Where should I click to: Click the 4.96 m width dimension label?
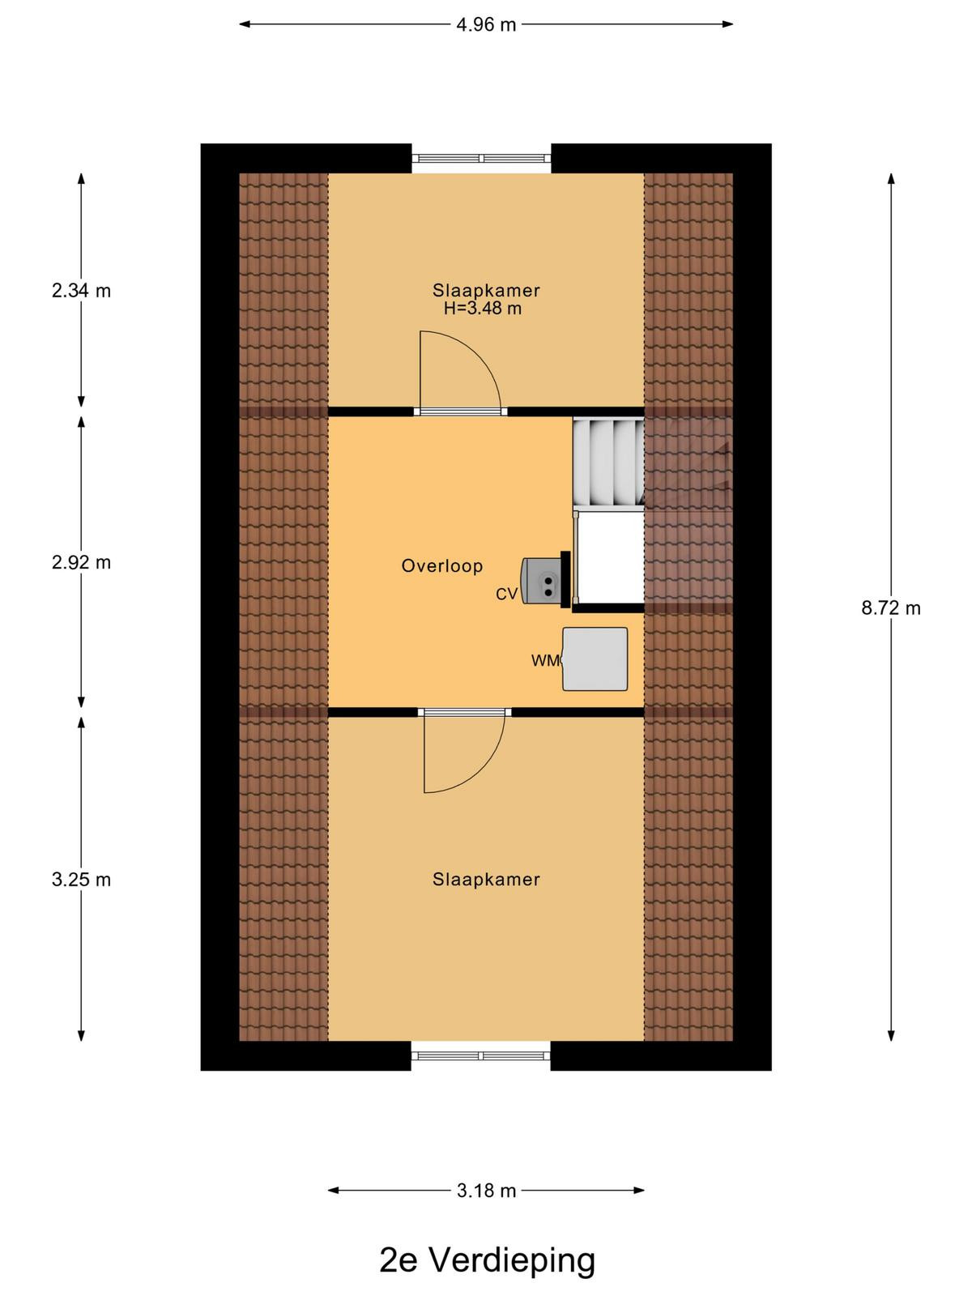pyautogui.click(x=486, y=25)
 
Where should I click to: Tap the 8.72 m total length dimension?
pyautogui.click(x=890, y=608)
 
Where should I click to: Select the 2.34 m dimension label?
pyautogui.click(x=82, y=291)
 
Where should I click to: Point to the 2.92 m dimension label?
pyautogui.click(x=82, y=562)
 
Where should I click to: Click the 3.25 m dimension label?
pyautogui.click(x=82, y=879)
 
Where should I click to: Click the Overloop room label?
pyautogui.click(x=442, y=565)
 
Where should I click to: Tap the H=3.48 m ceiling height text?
pyautogui.click(x=483, y=309)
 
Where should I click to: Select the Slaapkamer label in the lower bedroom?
pyautogui.click(x=486, y=879)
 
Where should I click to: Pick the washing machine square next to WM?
pyautogui.click(x=595, y=659)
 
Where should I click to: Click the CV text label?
pyautogui.click(x=506, y=594)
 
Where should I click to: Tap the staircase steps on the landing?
pyautogui.click(x=607, y=462)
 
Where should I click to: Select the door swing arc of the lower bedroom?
pyautogui.click(x=484, y=768)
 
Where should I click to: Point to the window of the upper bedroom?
pyautogui.click(x=481, y=158)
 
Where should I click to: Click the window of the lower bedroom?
pyautogui.click(x=481, y=1055)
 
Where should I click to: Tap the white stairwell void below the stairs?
pyautogui.click(x=611, y=557)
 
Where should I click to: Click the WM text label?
pyautogui.click(x=546, y=661)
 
